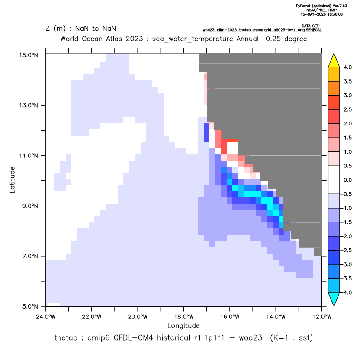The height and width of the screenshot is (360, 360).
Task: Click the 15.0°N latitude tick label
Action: point(29,55)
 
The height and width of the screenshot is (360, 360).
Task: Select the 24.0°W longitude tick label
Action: point(46,317)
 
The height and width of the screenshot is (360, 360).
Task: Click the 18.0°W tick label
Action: point(183,317)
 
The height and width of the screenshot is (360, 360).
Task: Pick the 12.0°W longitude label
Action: point(321,317)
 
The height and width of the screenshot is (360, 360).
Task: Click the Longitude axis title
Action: point(183,325)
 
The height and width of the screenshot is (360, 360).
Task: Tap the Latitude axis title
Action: point(12,180)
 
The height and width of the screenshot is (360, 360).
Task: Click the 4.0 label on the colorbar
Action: point(347,67)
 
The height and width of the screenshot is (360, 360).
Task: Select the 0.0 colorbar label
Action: point(347,180)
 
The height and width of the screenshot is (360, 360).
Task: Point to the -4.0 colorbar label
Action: point(347,292)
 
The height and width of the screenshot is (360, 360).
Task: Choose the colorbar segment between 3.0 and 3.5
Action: point(334,88)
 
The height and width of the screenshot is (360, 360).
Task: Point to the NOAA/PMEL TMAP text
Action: point(321,10)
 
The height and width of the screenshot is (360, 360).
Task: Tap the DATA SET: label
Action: point(310,26)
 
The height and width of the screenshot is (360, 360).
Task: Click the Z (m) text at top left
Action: point(56,29)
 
